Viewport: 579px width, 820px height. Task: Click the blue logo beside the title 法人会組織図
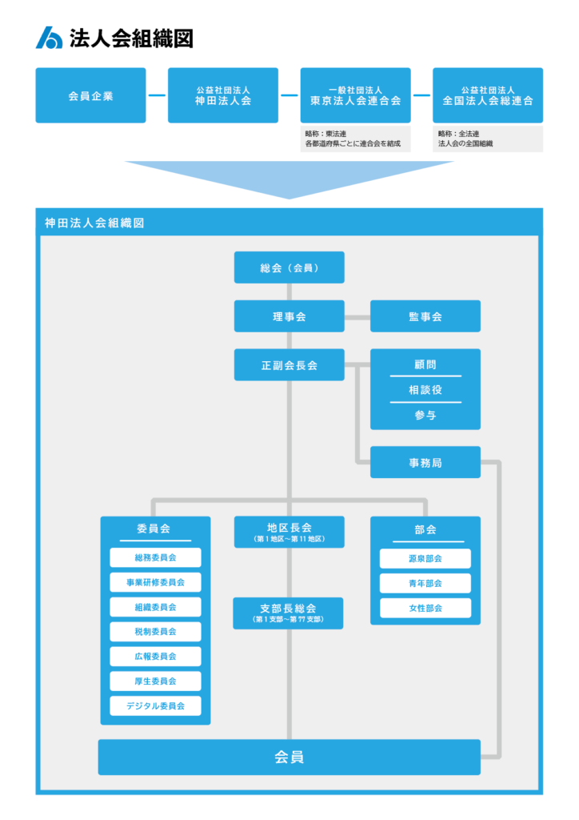tap(49, 38)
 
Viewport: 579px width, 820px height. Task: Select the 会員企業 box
tap(91, 95)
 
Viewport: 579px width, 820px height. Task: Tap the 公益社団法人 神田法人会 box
tap(223, 95)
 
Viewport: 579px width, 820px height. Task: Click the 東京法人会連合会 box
tap(356, 95)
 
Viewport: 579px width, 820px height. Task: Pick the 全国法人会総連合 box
tap(488, 95)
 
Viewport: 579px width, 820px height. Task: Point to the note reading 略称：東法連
tap(325, 134)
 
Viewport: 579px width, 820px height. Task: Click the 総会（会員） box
tap(289, 267)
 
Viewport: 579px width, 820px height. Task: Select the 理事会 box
tap(289, 316)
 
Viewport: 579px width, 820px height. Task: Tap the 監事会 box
tap(425, 316)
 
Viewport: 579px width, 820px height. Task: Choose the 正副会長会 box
tap(289, 364)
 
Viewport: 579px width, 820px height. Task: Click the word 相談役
tap(425, 390)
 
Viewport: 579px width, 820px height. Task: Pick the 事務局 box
tap(425, 462)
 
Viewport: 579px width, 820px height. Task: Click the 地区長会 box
tap(289, 532)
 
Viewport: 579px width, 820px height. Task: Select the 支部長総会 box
tap(288, 613)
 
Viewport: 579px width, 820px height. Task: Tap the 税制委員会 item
tap(156, 632)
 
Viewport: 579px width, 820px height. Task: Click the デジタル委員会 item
tap(156, 706)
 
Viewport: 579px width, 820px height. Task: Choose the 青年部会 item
tap(425, 583)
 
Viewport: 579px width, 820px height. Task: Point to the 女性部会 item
tap(425, 609)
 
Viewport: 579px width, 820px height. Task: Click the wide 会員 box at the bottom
tap(289, 757)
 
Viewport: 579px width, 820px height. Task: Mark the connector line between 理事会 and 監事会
tap(357, 317)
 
